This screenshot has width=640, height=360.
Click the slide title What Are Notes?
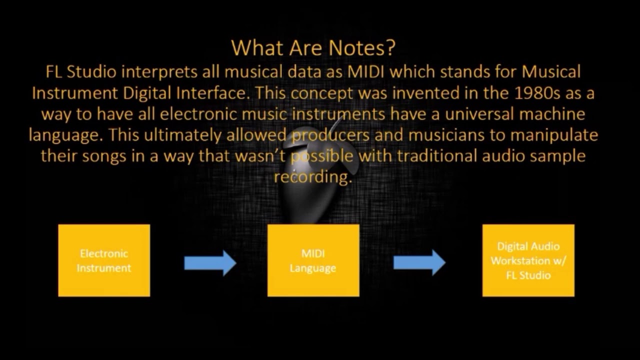[x=313, y=48]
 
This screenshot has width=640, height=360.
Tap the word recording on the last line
[x=312, y=177]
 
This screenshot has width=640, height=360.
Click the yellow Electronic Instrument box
[x=104, y=260]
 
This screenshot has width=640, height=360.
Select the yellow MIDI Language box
[x=313, y=260]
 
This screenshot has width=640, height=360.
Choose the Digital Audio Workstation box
[x=528, y=260]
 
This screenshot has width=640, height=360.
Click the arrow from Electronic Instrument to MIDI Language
[x=210, y=262]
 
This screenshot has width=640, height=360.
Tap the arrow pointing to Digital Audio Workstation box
[x=419, y=262]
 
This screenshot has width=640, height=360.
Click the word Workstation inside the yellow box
[x=528, y=260]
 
